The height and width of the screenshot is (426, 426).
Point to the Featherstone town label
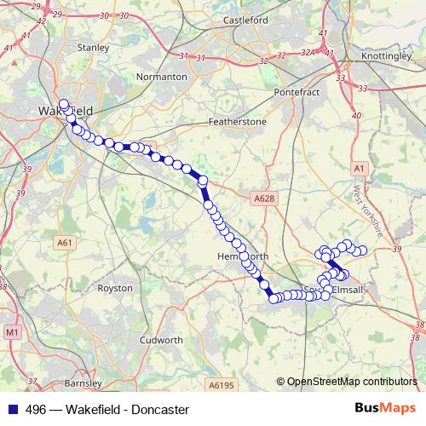[238, 122]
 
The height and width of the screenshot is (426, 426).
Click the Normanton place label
[162, 77]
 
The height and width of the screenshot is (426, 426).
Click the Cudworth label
[161, 339]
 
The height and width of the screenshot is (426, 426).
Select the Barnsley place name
[60, 384]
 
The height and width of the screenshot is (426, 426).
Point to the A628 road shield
[265, 199]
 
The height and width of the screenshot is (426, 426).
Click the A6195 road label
[220, 385]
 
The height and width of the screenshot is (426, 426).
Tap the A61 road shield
[65, 243]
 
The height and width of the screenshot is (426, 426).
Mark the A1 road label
[359, 170]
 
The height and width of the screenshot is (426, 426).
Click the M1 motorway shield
[12, 331]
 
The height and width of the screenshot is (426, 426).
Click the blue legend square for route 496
[11, 410]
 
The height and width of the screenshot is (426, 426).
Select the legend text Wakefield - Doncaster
[124, 410]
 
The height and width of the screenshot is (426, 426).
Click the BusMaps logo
[385, 409]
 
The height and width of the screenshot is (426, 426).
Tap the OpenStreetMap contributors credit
[351, 382]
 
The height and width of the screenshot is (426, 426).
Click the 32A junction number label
[308, 53]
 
